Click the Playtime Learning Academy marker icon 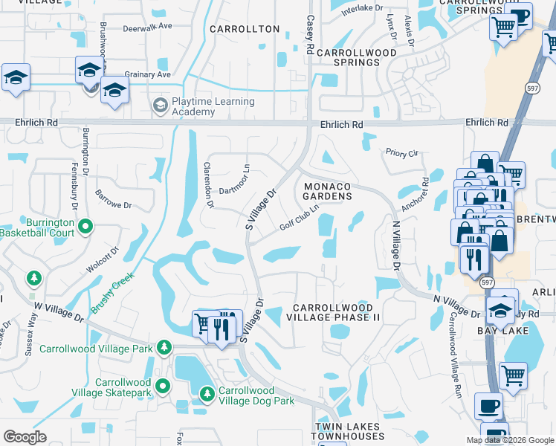coord(160,107)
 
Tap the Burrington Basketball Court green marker coord(86,225)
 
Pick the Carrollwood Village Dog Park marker coord(207,393)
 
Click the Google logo coord(25,437)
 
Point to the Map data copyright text coord(509,440)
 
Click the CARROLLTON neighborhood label coord(245,29)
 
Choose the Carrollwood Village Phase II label coord(336,311)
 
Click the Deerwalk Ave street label coord(147,25)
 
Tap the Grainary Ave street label coord(147,74)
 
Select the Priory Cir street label coord(402,153)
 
